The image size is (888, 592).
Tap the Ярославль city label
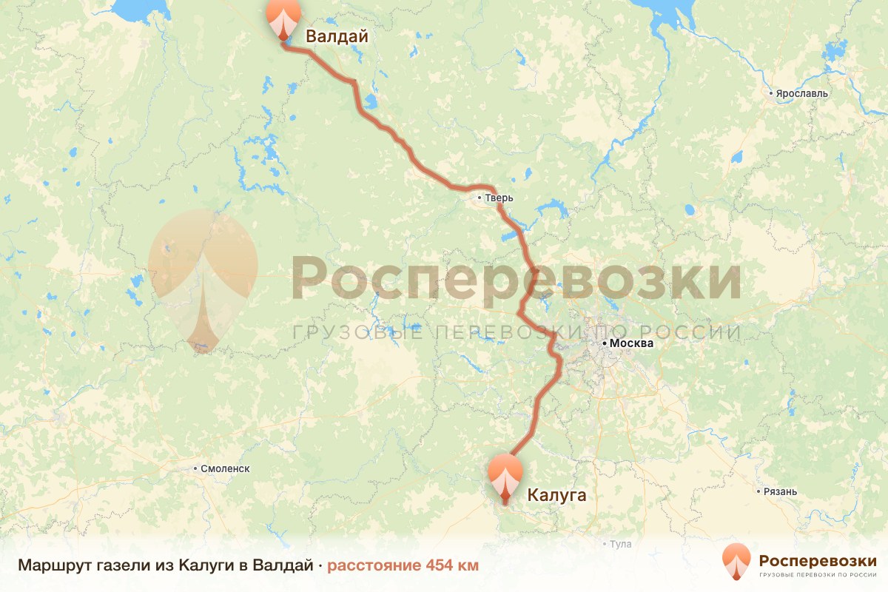(801, 94)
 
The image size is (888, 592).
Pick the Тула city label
(621, 545)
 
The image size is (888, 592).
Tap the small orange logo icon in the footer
(736, 563)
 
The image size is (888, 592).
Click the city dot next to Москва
(605, 343)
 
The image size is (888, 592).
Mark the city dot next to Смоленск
(195, 468)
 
